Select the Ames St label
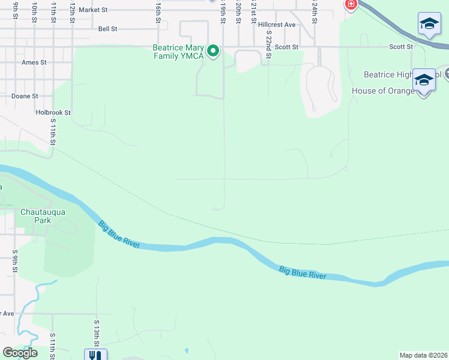[34, 62]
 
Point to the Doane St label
[25, 96]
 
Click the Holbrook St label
[53, 112]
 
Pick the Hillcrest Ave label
[277, 25]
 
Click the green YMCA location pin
[212, 51]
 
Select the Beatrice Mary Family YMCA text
[178, 52]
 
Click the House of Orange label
[383, 91]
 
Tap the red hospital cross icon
[351, 5]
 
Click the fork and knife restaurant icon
[95, 355]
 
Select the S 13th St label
[96, 332]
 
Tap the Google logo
[20, 353]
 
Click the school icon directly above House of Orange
[423, 81]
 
